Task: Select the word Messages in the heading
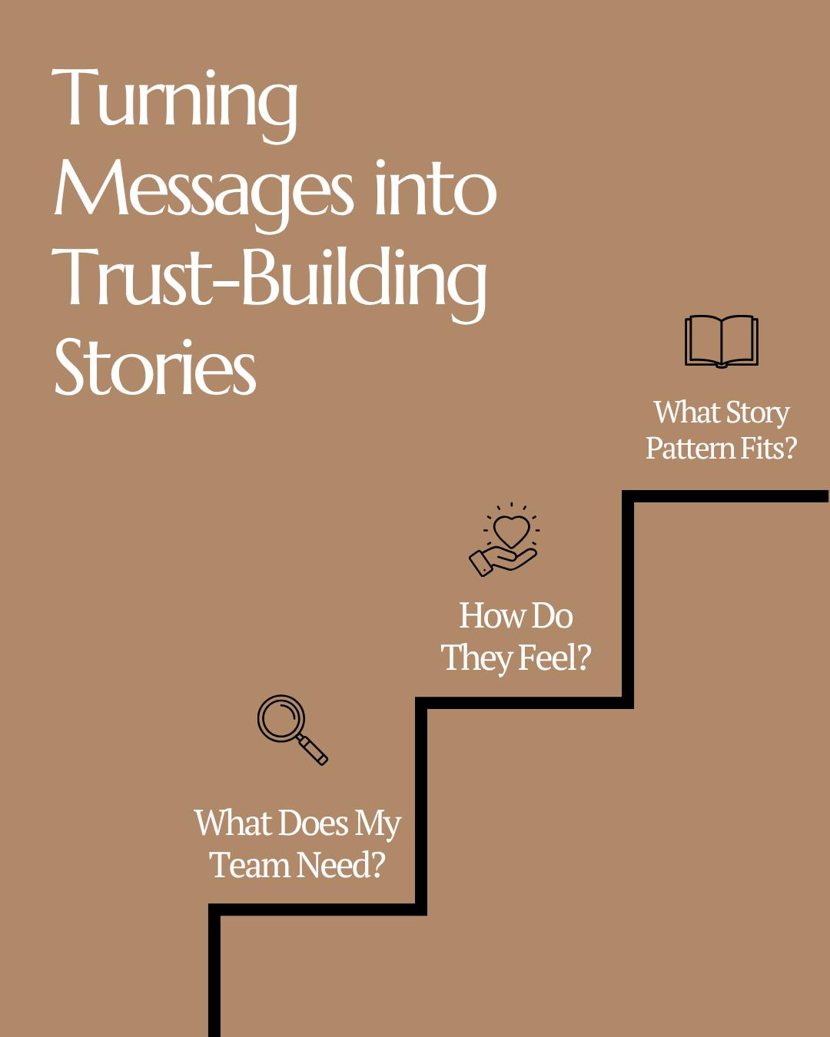tap(204, 190)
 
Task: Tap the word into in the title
tap(435, 190)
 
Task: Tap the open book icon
tap(721, 341)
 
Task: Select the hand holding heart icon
tap(505, 540)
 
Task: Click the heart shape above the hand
tap(511, 529)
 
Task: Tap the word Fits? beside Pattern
tap(769, 449)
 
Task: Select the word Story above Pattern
tap(758, 413)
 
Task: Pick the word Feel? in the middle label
tap(556, 658)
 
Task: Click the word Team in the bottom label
tap(250, 866)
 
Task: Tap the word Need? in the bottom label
tap(341, 866)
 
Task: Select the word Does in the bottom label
tap(314, 823)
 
